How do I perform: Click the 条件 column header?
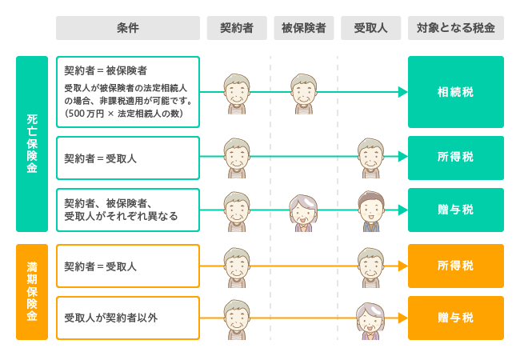128,28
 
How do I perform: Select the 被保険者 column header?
303,28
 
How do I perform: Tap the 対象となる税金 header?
455,28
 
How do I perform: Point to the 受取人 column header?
370,28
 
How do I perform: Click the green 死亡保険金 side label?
32,144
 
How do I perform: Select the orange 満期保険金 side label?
32,291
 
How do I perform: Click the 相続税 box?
455,92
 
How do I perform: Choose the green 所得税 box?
455,158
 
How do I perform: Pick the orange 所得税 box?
455,266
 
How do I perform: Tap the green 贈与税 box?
455,210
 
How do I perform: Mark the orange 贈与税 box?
455,318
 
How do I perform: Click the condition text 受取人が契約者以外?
111,318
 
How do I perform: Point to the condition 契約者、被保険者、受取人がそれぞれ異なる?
121,210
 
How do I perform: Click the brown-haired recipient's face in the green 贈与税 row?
370,210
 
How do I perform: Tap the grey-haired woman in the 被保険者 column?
303,211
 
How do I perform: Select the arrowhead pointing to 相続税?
402,92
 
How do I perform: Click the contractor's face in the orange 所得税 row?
236,264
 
